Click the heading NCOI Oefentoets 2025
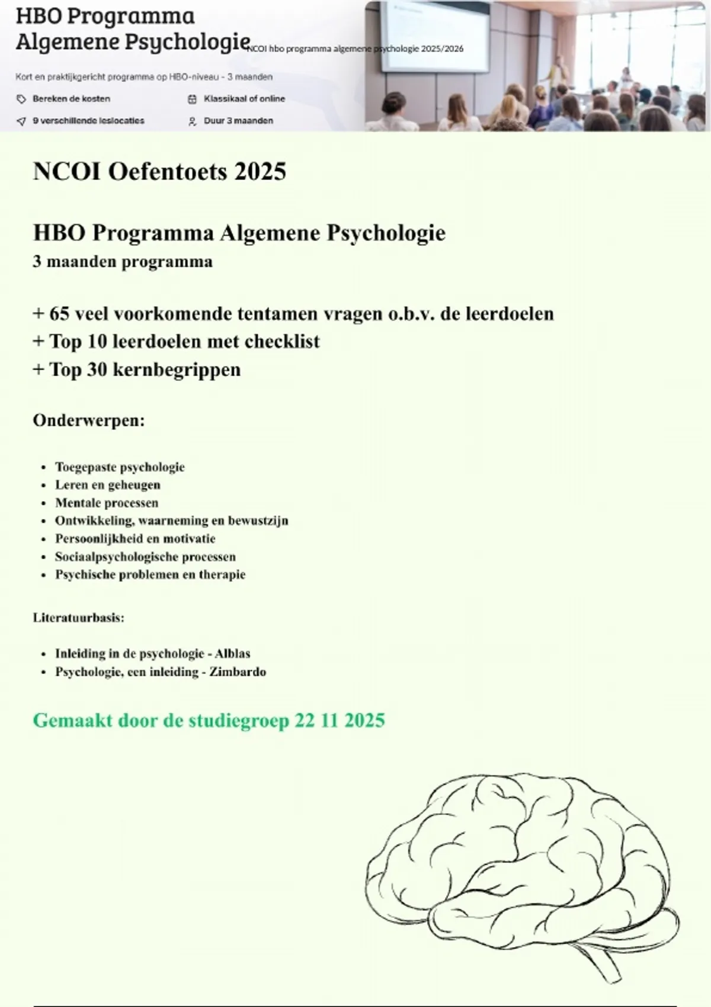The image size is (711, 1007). click(159, 172)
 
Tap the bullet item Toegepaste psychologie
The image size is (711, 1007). click(120, 467)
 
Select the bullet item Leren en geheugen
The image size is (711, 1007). click(108, 485)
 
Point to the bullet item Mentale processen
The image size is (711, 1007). click(107, 503)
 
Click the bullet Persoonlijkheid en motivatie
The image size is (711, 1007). click(135, 538)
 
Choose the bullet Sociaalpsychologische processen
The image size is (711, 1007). click(145, 557)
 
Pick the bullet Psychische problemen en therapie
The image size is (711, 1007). click(150, 575)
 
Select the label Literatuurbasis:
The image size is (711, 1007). click(78, 618)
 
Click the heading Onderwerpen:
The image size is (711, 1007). click(89, 421)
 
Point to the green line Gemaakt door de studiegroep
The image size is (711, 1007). click(209, 720)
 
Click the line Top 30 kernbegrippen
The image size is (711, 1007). click(137, 370)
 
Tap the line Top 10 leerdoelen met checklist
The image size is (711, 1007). click(176, 341)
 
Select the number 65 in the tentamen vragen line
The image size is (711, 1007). click(60, 313)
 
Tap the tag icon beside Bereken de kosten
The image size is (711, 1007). click(21, 99)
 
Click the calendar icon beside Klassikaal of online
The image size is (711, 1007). click(192, 99)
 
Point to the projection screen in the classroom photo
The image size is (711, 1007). click(435, 37)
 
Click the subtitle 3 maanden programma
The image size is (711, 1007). click(123, 262)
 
